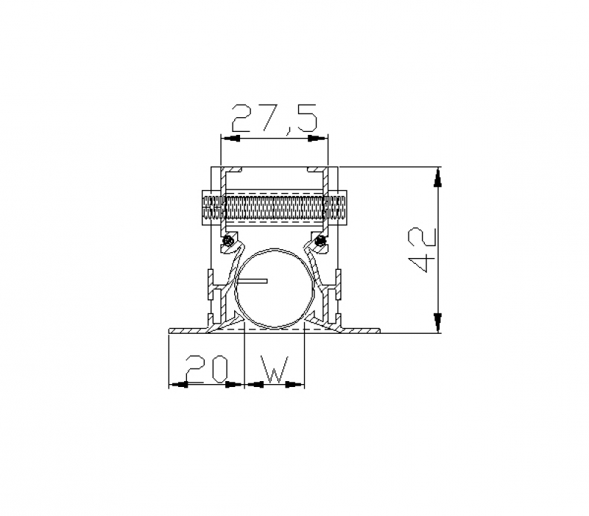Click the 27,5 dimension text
click(275, 119)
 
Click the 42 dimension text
click(423, 250)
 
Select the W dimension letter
click(275, 369)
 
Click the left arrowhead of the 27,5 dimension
click(230, 139)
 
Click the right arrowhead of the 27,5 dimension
click(317, 139)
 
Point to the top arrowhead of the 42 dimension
click(437, 178)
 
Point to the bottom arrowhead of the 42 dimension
click(437, 322)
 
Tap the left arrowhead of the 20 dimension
click(178, 384)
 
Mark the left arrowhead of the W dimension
click(253, 384)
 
